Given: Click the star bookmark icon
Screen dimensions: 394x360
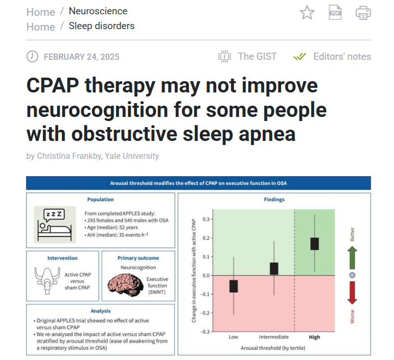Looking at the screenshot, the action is point(307,13).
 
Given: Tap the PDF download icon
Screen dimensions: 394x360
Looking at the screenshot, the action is point(335,12).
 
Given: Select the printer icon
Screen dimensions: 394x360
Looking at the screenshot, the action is point(363,13).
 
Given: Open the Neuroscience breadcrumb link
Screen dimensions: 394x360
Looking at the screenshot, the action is point(98,11).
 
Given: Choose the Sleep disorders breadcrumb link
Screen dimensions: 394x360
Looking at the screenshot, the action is point(102,26).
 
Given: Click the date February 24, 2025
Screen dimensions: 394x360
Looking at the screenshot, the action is point(81,57).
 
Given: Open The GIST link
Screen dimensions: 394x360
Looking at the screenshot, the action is point(258,57).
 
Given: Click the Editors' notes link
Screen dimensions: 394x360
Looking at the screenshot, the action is point(342,57).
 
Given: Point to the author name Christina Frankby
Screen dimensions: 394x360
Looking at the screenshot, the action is point(69,156).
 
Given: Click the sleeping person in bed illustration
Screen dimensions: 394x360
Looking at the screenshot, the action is point(55,225).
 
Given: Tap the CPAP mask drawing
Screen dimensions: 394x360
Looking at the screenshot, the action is point(47,280).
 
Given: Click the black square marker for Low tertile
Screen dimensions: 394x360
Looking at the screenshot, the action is point(234,286).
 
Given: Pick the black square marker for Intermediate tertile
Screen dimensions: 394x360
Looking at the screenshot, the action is point(274,269).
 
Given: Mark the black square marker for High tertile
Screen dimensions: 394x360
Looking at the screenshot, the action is point(314,244).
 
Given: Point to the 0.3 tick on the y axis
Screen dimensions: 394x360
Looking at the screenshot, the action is point(206,219).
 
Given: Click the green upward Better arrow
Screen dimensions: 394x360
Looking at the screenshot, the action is point(352,258).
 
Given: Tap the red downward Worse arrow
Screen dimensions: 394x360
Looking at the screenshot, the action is point(352,293).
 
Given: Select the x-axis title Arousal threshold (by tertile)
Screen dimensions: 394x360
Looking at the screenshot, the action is point(273,348).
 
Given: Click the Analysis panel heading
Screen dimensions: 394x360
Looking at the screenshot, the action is point(101,311).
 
